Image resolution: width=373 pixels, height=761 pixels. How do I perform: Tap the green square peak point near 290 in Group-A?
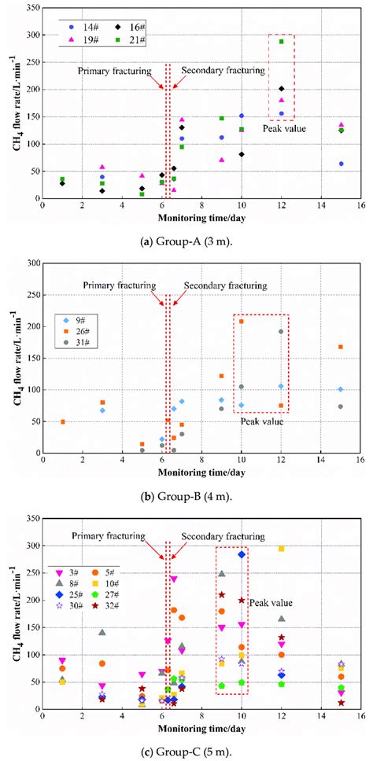(x=281, y=41)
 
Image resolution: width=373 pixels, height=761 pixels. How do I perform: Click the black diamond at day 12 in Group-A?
(x=281, y=89)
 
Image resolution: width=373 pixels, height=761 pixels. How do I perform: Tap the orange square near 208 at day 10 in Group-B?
(x=242, y=321)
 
